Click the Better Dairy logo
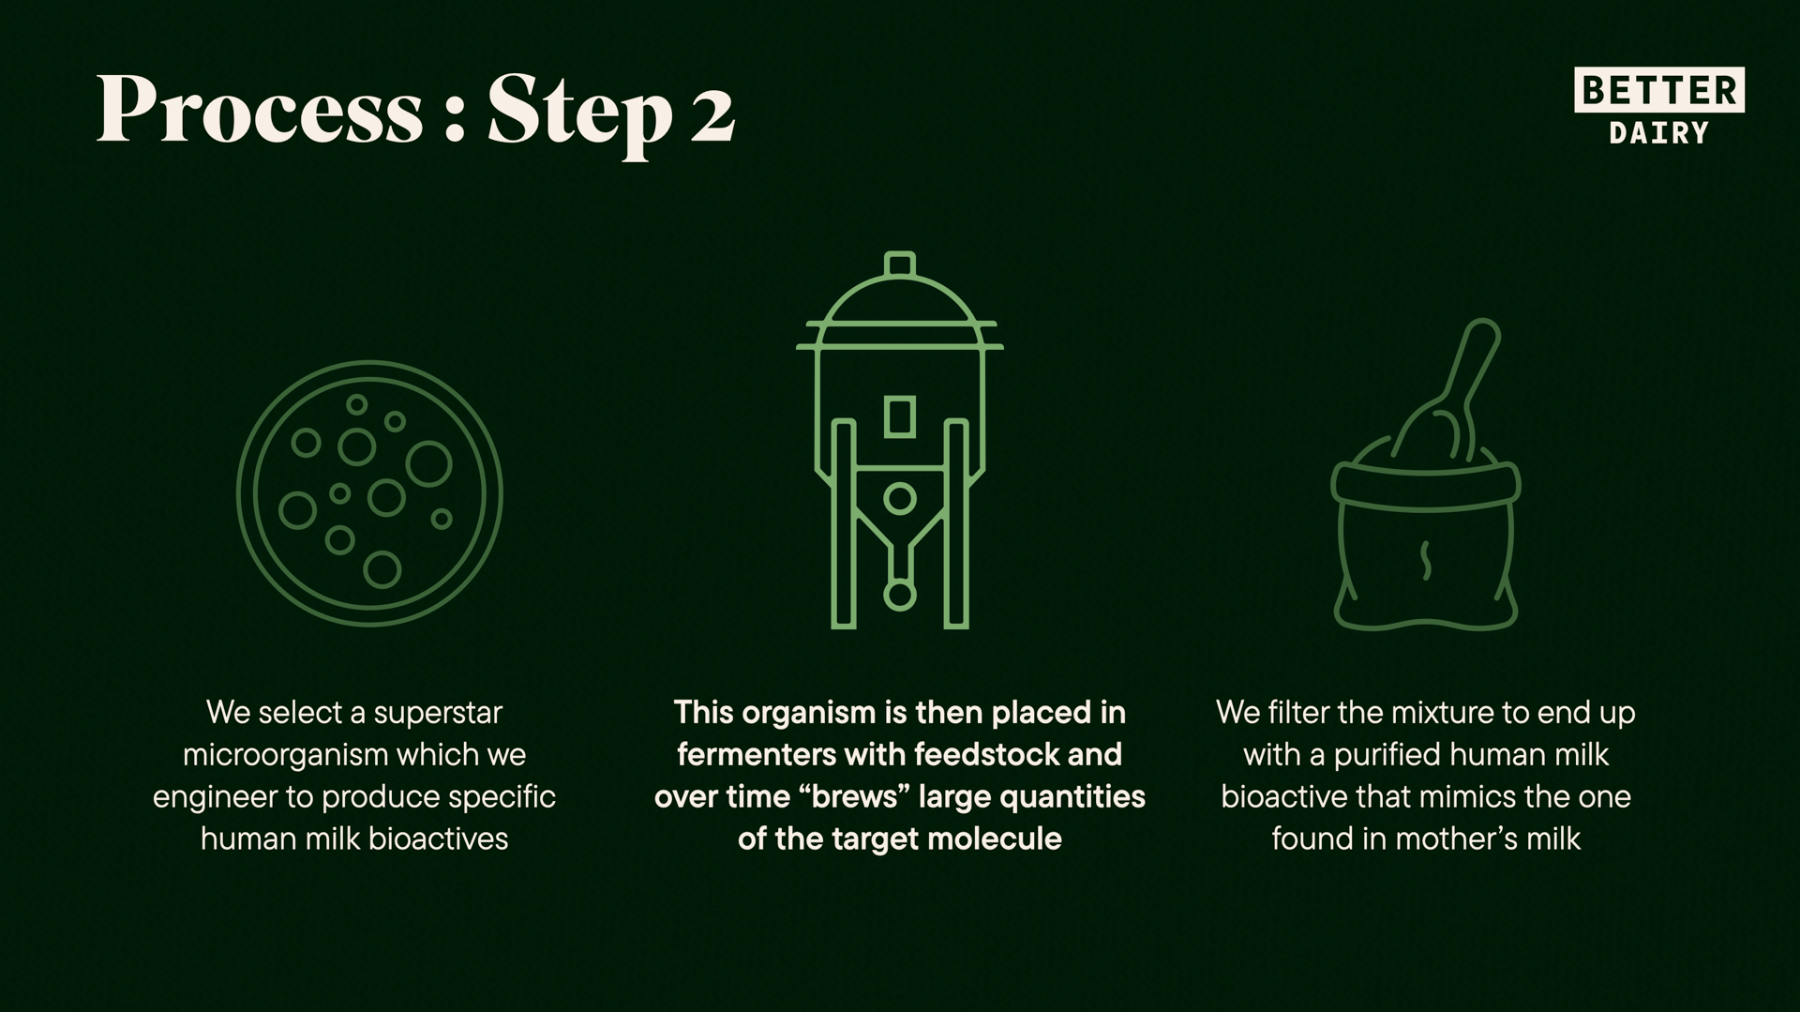coord(1658,106)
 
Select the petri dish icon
coord(369,493)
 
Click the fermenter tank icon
coord(899,440)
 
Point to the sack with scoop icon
coord(1425,475)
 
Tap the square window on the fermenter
coord(899,416)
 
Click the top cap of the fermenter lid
coord(899,264)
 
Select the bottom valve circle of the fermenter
coord(899,595)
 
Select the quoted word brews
coord(856,797)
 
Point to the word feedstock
coord(986,755)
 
